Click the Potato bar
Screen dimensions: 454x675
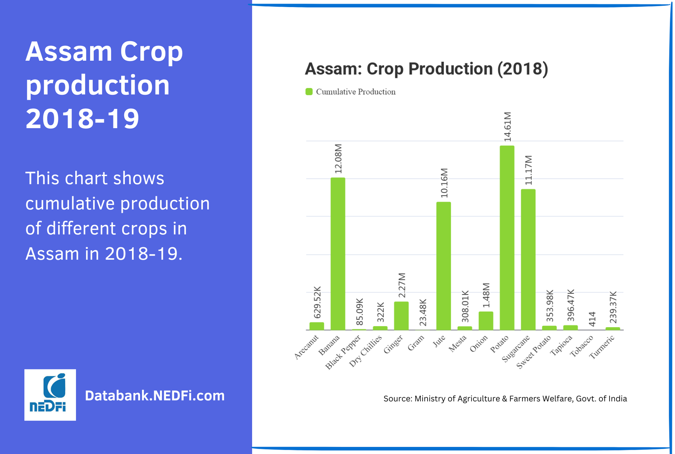tap(507, 238)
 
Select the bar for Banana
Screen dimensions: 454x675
tap(337, 254)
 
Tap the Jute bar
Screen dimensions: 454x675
tap(443, 266)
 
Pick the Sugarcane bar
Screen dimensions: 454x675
tap(528, 260)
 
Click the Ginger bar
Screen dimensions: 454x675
tap(401, 316)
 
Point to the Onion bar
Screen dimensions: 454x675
tap(486, 321)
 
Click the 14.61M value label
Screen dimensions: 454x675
tap(507, 127)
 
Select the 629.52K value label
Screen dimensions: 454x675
tap(317, 303)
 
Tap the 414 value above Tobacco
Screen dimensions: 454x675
tap(592, 319)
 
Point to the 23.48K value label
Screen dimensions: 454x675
tap(423, 312)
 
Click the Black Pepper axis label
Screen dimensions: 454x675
tap(343, 352)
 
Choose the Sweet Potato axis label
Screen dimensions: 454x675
tap(533, 352)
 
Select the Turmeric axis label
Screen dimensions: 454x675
tap(602, 347)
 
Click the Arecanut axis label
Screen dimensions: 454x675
tap(306, 347)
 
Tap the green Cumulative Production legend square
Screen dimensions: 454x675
tap(309, 92)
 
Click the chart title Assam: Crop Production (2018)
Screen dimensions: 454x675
tap(426, 69)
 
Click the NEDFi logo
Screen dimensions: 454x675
tap(50, 395)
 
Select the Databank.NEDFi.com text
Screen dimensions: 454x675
tap(155, 396)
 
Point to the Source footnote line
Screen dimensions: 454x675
tap(505, 398)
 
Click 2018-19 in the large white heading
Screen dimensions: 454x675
tap(82, 119)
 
